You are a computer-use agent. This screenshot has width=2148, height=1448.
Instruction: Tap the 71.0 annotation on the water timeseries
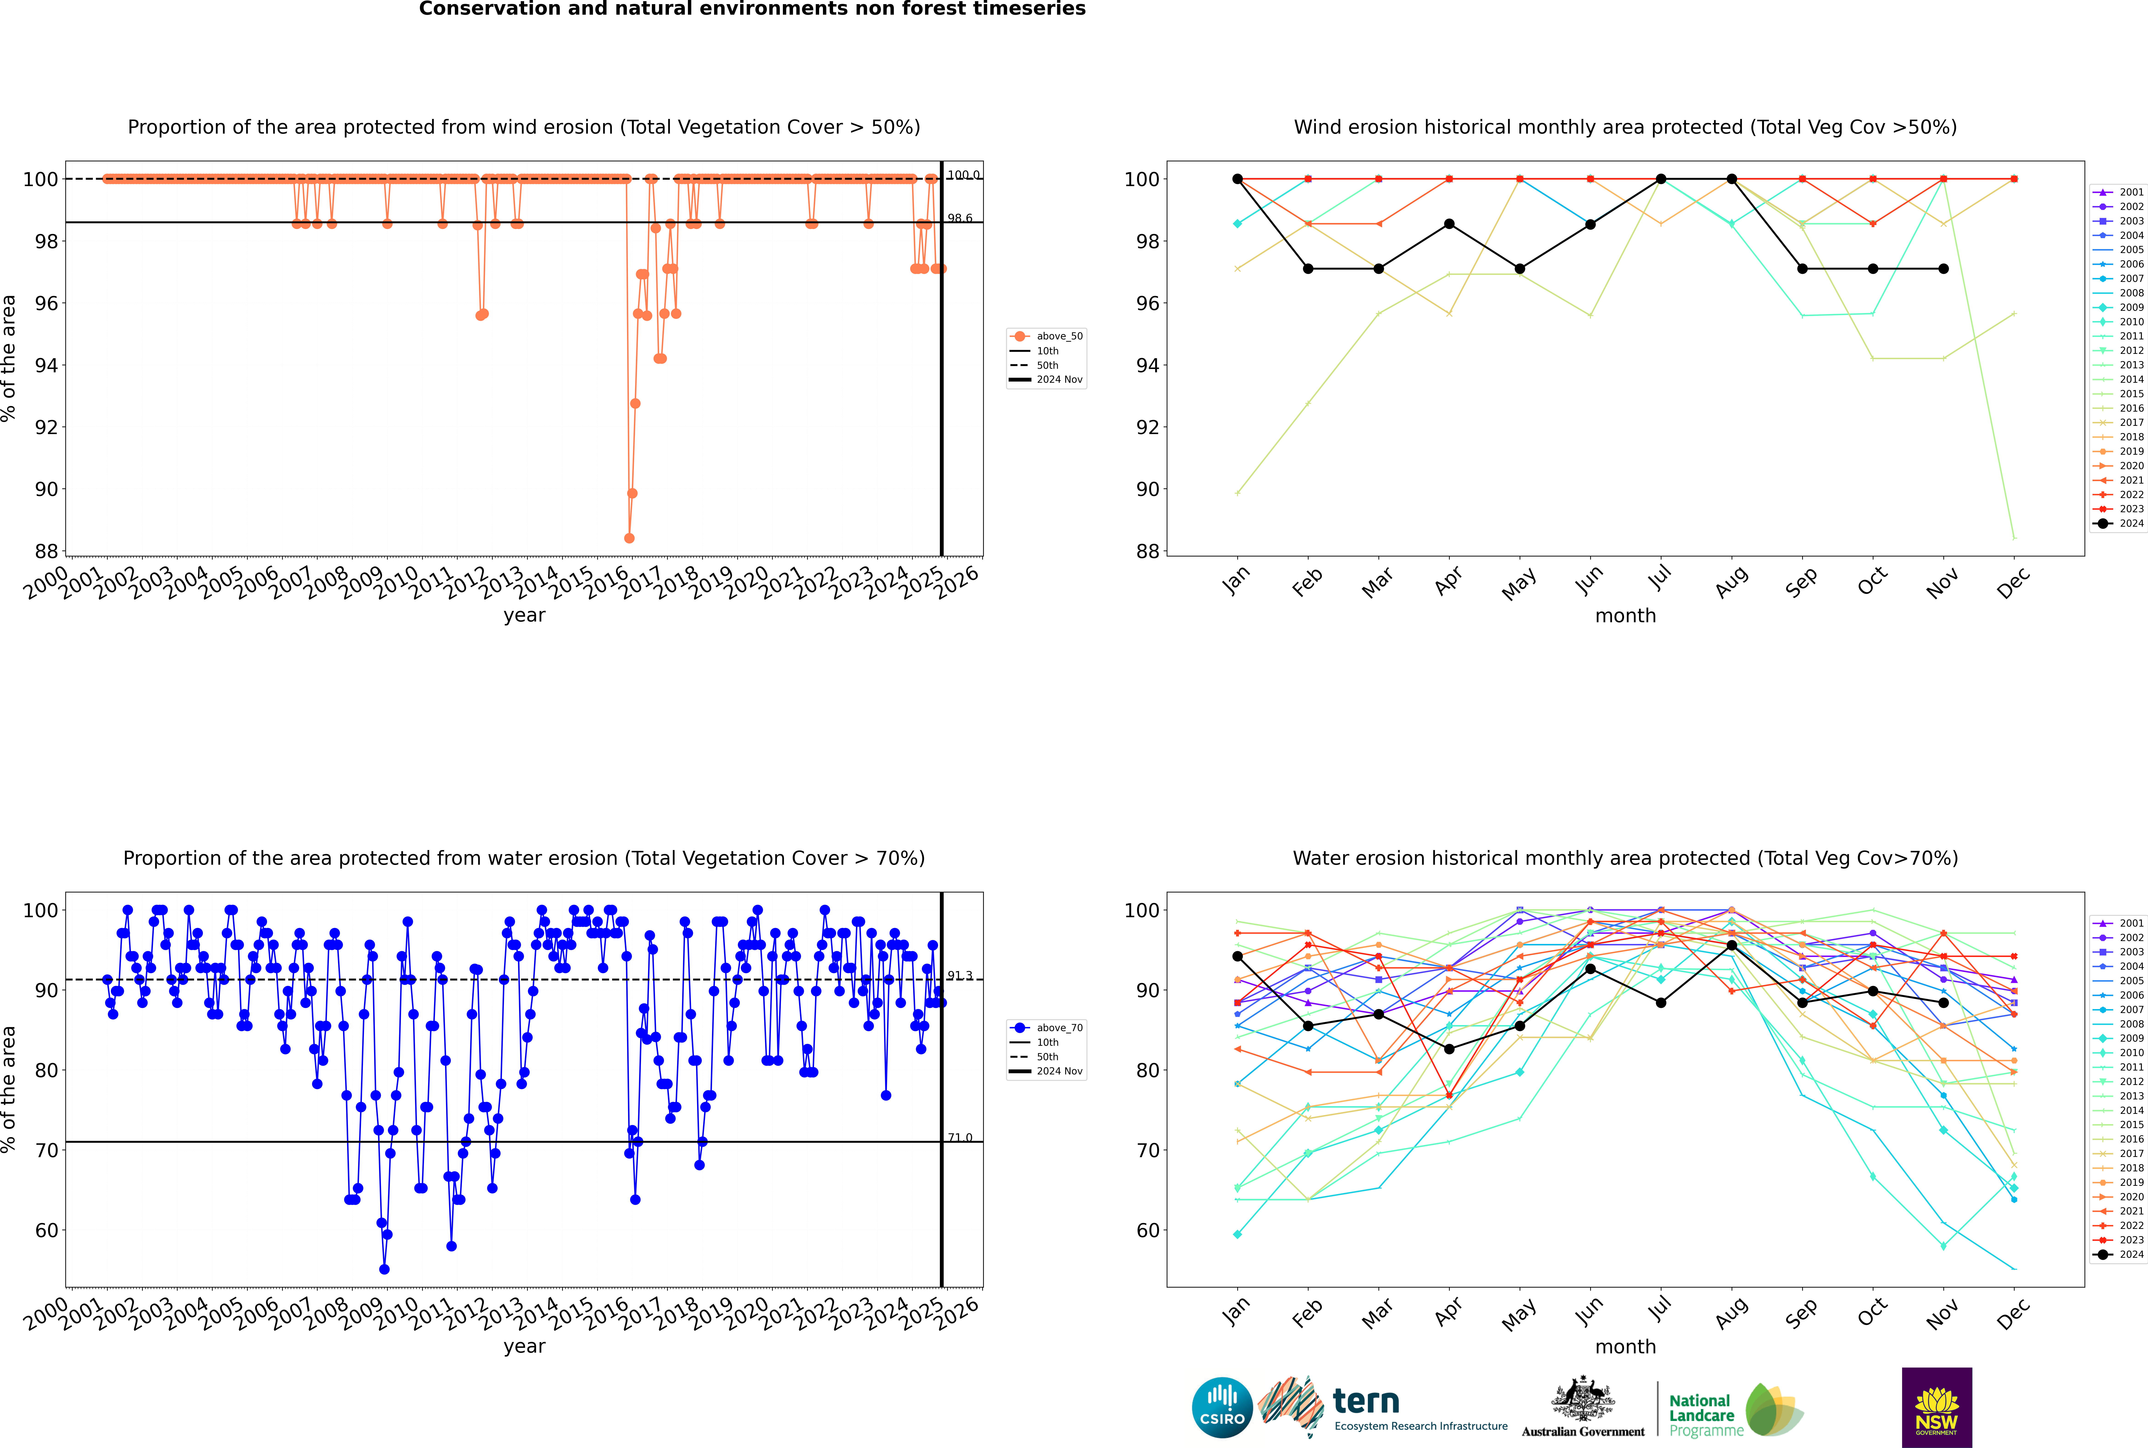click(960, 1138)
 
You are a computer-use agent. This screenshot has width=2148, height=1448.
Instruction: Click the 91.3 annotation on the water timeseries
click(960, 975)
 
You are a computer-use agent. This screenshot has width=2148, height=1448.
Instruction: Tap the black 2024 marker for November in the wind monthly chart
click(1943, 269)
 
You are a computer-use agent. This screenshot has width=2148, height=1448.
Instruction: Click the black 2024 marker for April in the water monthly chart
click(1449, 1049)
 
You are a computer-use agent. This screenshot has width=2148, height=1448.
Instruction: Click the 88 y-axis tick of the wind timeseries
click(46, 551)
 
